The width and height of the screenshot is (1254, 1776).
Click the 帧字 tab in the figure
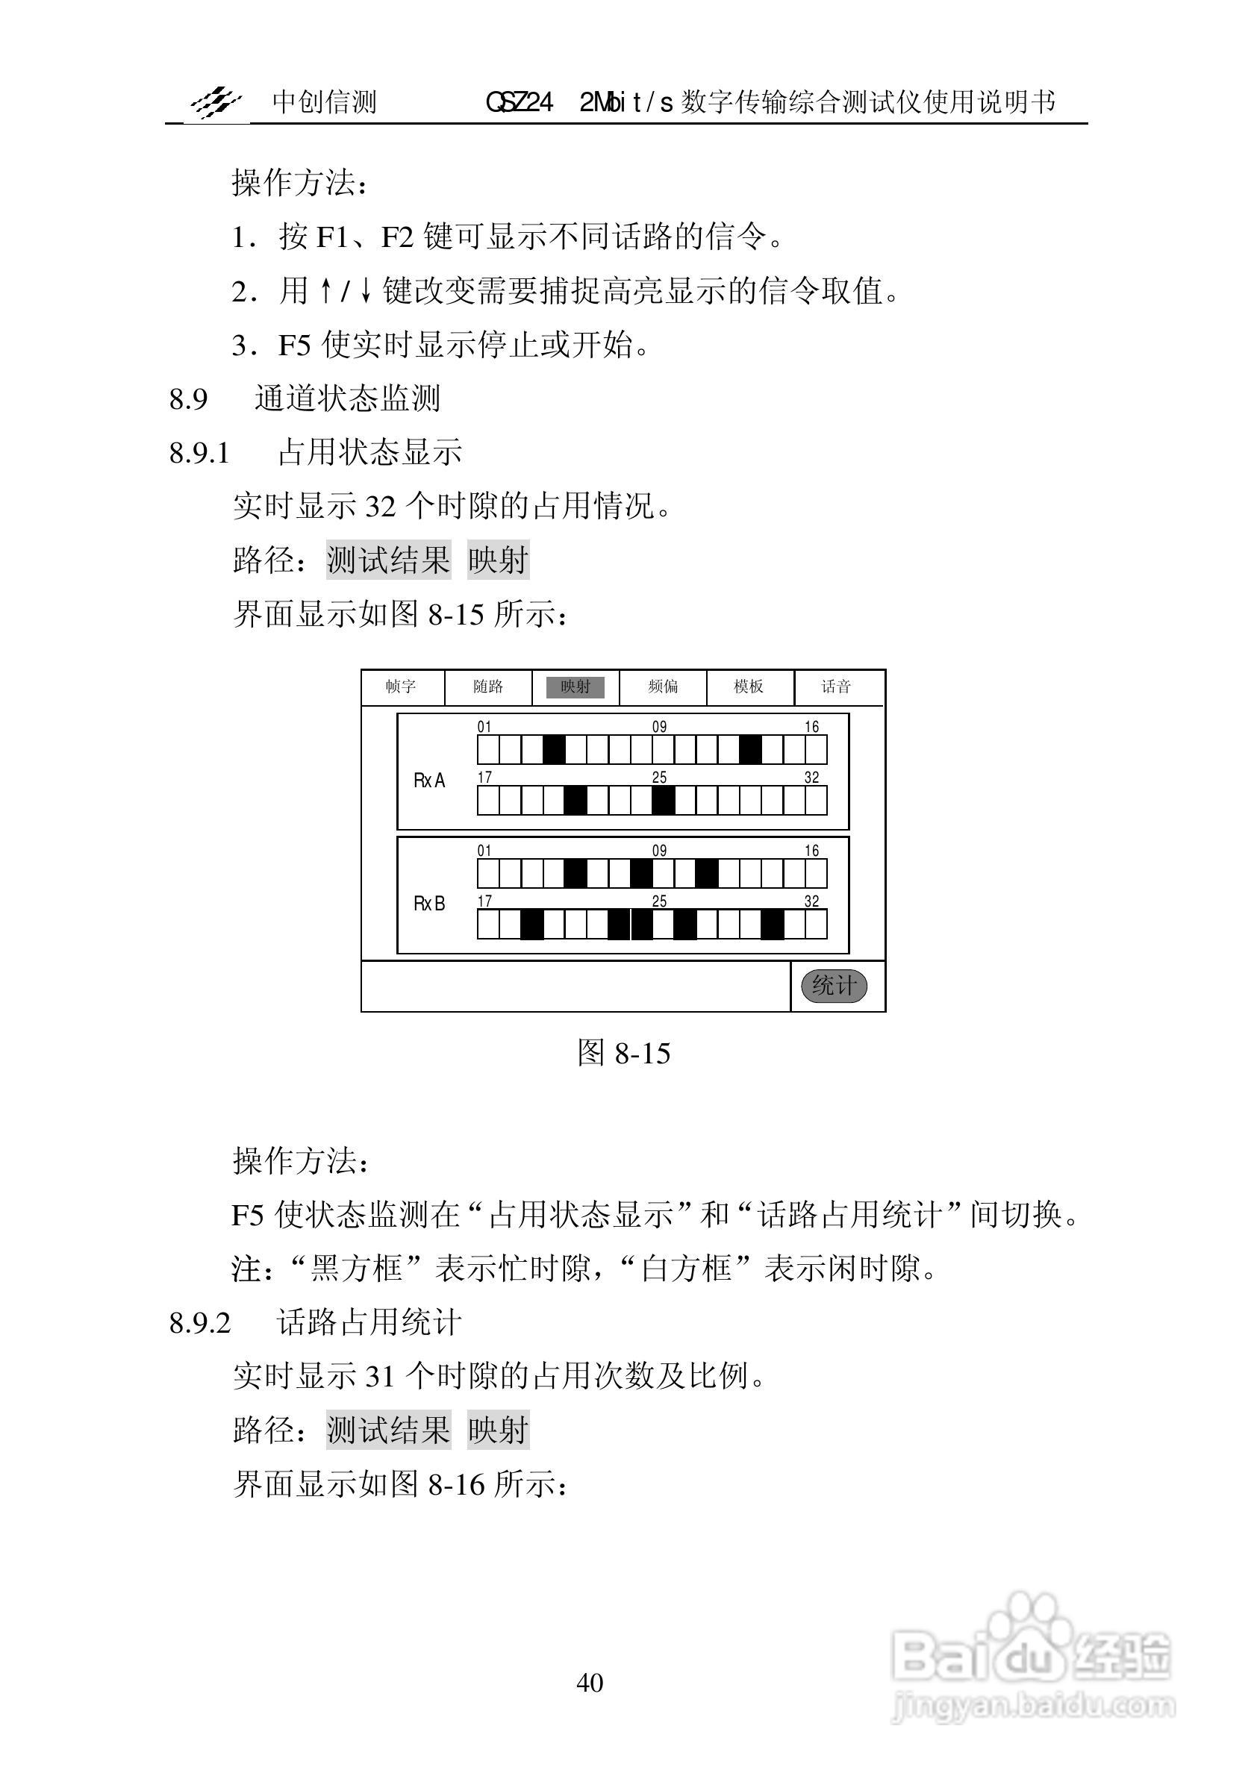coord(402,687)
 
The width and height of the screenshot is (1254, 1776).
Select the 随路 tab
coord(488,687)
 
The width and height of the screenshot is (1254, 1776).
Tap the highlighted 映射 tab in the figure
coord(575,687)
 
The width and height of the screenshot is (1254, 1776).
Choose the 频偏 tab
coord(663,687)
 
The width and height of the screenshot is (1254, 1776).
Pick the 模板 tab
coord(749,687)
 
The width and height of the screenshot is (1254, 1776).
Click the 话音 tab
coord(836,687)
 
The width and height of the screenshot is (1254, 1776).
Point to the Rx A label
coord(429,781)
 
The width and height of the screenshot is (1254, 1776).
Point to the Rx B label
coord(429,904)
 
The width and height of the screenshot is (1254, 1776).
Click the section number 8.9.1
coord(199,452)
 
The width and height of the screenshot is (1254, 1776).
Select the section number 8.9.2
coord(199,1324)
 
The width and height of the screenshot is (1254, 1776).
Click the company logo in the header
coord(216,102)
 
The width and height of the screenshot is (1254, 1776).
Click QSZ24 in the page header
coord(519,102)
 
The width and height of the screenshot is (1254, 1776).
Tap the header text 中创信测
coord(324,102)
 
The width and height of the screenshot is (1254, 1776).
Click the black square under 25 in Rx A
coord(663,801)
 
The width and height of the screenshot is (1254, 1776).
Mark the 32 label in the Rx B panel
coord(811,901)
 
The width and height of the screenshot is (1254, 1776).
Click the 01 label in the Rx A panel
coord(484,727)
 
